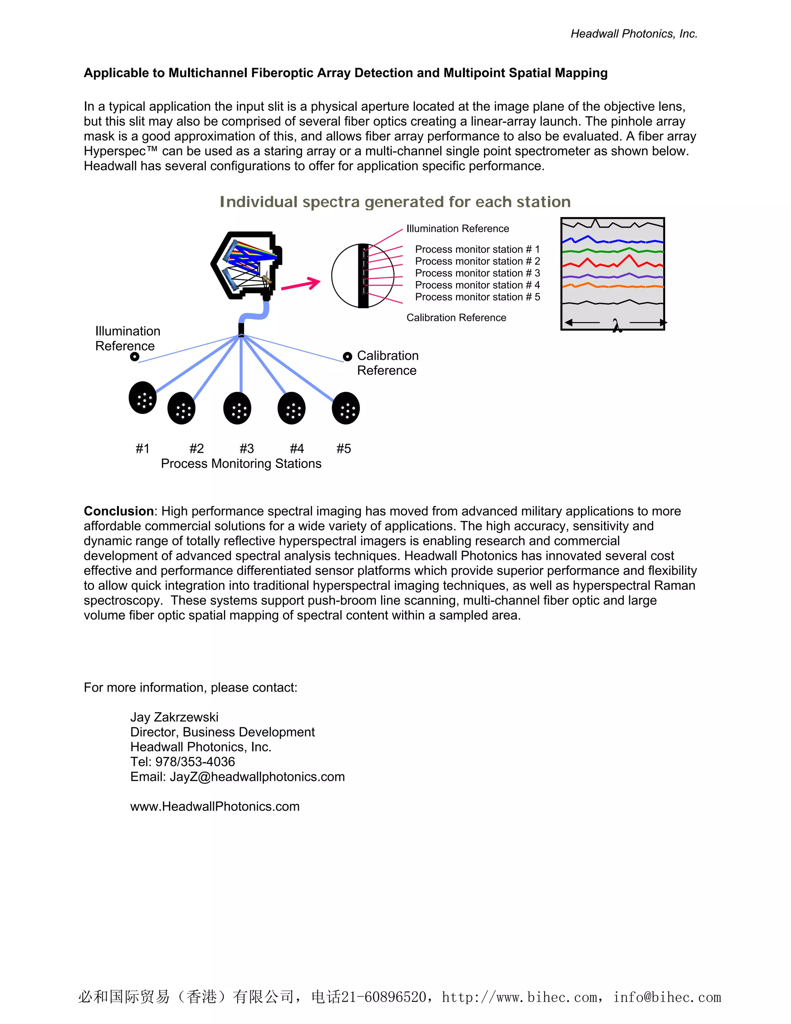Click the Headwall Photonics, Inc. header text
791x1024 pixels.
633,34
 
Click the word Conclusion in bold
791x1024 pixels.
119,511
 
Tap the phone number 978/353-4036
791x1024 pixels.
195,762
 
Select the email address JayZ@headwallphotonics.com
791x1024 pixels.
257,777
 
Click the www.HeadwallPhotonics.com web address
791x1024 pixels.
215,806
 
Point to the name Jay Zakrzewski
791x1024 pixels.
174,717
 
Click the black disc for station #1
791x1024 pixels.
143,398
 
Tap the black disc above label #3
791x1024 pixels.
237,408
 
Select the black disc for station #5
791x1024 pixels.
345,408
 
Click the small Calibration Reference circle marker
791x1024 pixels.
347,357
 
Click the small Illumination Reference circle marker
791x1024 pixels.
134,357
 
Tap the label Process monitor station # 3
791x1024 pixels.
477,273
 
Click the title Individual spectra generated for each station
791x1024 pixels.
395,202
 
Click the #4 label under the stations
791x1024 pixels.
297,449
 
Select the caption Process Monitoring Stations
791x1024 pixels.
241,464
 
